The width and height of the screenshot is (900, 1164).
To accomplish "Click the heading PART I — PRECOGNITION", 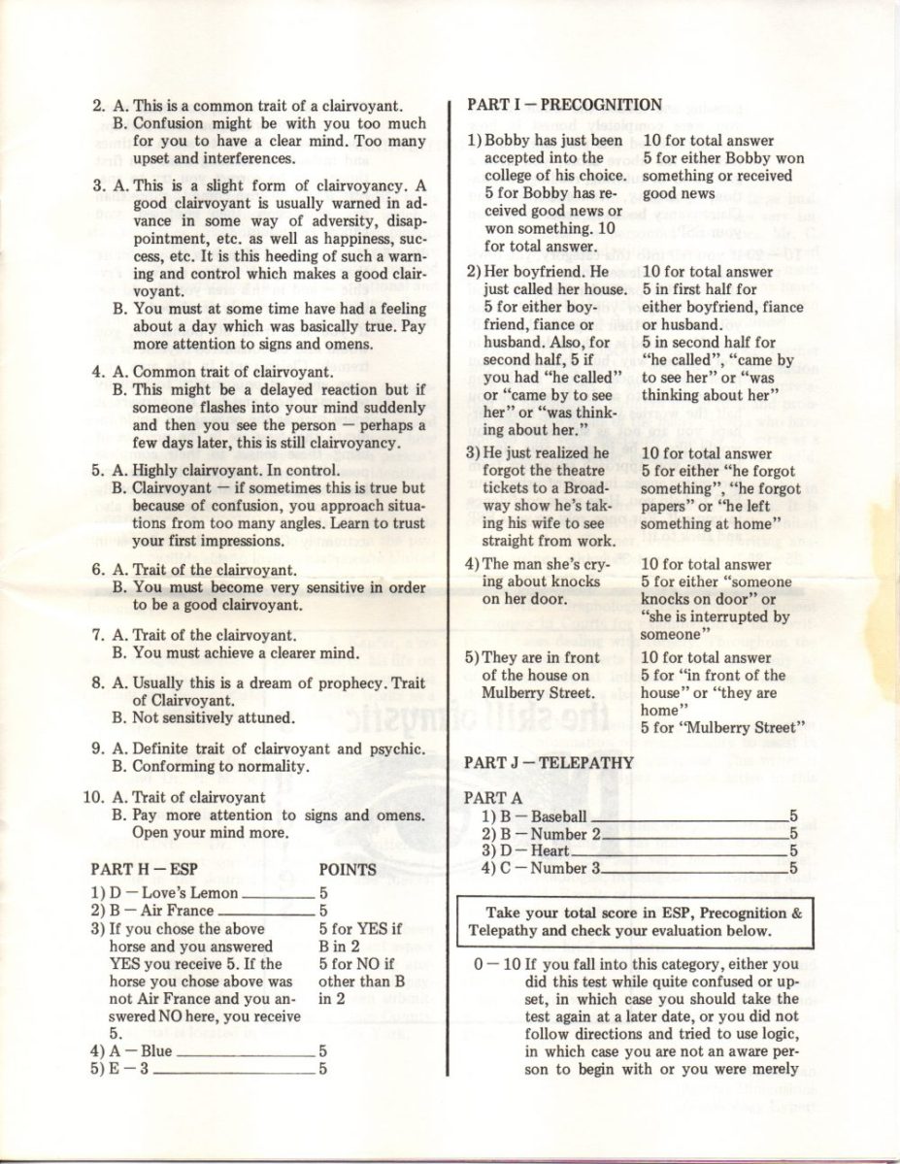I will point(564,105).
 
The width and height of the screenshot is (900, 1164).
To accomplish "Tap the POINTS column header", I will point(348,869).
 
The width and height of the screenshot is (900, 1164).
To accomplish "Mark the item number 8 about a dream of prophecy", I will point(98,682).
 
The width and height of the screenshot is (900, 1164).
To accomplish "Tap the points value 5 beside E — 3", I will point(322,1069).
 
